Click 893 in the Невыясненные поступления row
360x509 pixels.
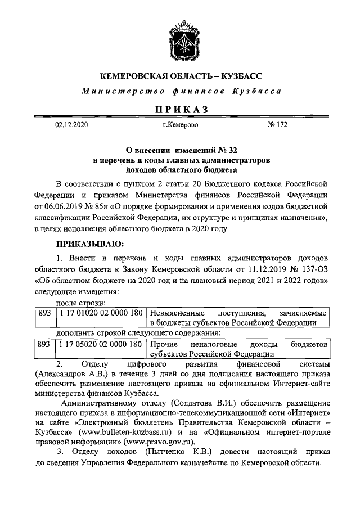tap(43, 312)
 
